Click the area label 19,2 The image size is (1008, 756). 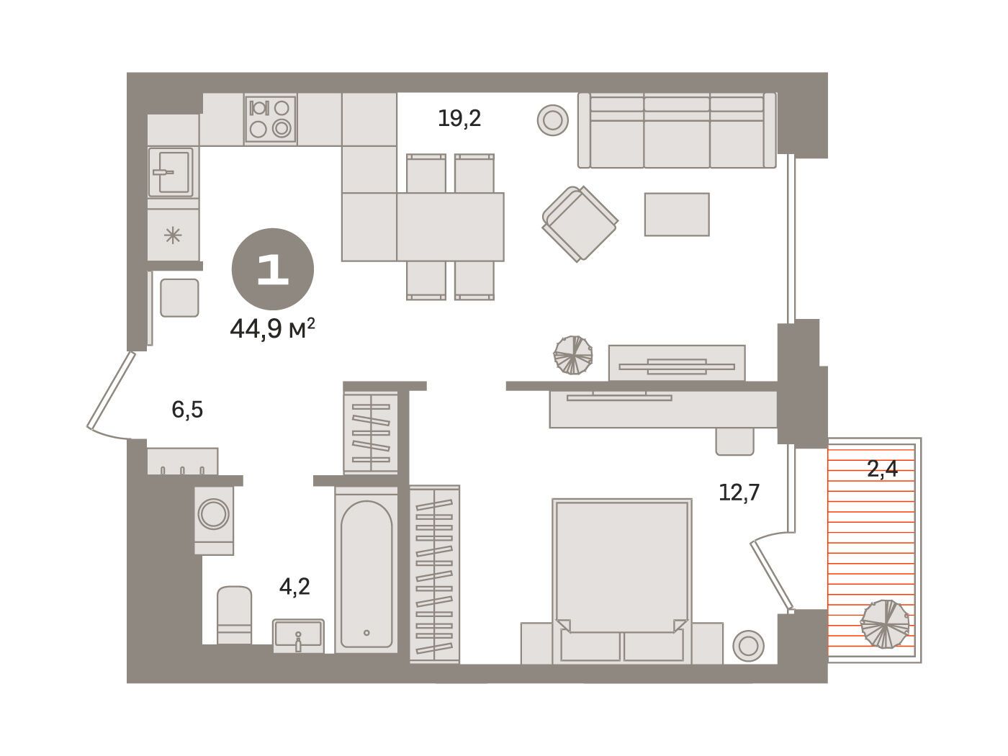459,119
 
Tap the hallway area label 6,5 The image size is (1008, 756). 187,410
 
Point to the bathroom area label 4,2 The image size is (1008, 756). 294,587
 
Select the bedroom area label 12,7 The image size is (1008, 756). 739,492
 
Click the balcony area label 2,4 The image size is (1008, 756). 882,469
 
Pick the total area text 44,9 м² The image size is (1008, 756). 272,328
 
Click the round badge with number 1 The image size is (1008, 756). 273,269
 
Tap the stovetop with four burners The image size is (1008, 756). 271,120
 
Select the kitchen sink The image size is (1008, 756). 171,172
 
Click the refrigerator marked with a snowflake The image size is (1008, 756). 173,235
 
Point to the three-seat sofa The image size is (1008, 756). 677,130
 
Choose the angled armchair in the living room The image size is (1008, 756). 580,223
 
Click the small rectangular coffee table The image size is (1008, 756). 677,215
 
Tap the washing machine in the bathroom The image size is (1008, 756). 214,520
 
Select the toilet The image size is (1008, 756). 234,615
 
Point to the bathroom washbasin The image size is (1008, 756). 299,635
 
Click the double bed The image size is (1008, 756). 622,581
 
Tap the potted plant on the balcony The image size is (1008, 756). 885,624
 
